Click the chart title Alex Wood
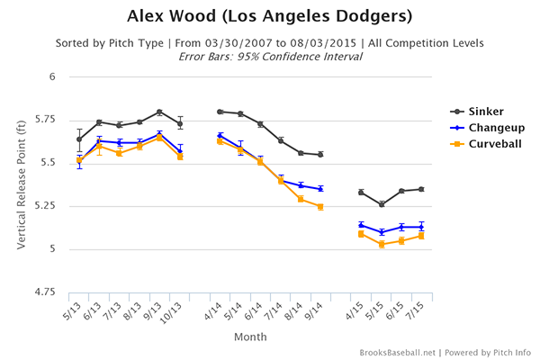point(269,17)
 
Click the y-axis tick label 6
point(52,76)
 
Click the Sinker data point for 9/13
point(159,112)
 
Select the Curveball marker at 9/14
point(320,206)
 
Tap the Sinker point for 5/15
point(382,204)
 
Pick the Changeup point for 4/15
point(361,225)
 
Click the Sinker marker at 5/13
point(79,139)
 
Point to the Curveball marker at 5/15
point(382,244)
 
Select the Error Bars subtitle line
point(269,56)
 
